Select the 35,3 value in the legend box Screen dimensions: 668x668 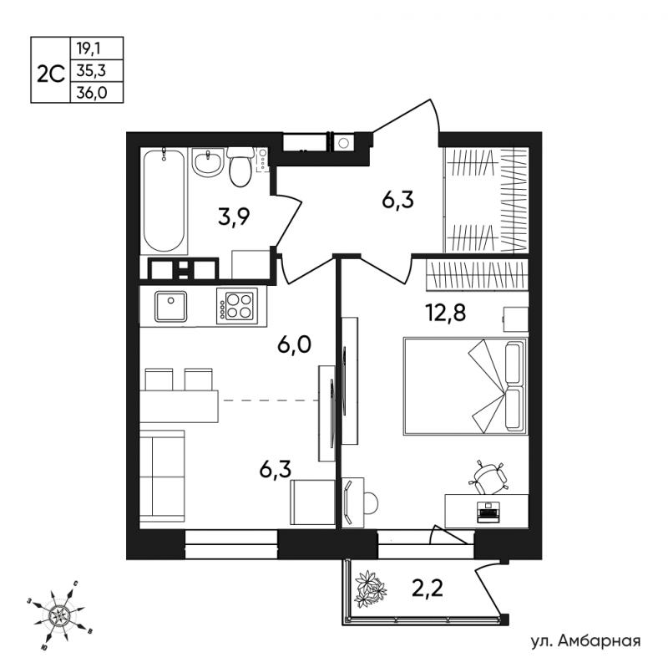[x=91, y=70]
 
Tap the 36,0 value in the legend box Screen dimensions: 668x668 [x=92, y=93]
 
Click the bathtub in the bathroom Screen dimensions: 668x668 [x=164, y=201]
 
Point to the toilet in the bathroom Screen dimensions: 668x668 [x=240, y=167]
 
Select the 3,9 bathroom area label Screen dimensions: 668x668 [x=234, y=217]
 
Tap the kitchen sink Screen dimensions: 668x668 [x=171, y=306]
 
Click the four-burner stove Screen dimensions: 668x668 [x=237, y=306]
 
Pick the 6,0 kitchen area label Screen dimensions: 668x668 [x=295, y=344]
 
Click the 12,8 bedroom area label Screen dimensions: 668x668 [x=446, y=313]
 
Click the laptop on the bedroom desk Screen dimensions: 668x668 [x=488, y=512]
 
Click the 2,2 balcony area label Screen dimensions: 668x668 [x=428, y=589]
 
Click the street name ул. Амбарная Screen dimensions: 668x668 [x=586, y=640]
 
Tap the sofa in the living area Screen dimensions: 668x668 [x=162, y=476]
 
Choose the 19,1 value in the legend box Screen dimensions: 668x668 [x=89, y=48]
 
